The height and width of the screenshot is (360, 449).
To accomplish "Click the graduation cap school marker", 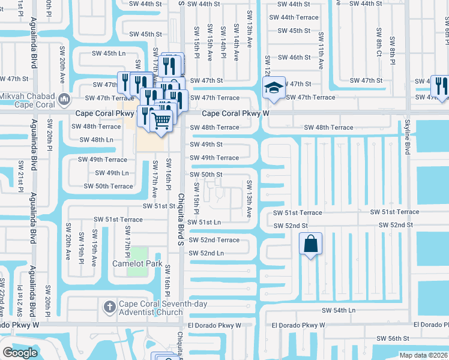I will tap(273, 88).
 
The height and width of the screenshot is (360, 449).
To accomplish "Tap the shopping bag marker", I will tap(310, 244).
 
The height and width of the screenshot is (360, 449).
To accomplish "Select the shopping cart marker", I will tap(161, 120).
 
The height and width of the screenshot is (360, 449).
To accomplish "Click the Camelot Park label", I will tap(137, 263).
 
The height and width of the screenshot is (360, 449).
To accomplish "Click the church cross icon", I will tap(109, 308).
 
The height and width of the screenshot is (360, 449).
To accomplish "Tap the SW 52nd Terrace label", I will tap(214, 240).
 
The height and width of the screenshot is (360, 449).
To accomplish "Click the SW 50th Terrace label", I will tap(108, 186).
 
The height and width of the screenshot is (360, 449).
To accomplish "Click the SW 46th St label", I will tap(295, 58).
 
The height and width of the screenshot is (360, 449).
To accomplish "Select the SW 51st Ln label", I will tap(204, 222).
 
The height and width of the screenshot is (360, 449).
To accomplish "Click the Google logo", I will tap(20, 353).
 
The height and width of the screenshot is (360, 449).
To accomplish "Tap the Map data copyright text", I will tap(423, 355).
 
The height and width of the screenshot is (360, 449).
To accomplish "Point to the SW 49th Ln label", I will tap(112, 173).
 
